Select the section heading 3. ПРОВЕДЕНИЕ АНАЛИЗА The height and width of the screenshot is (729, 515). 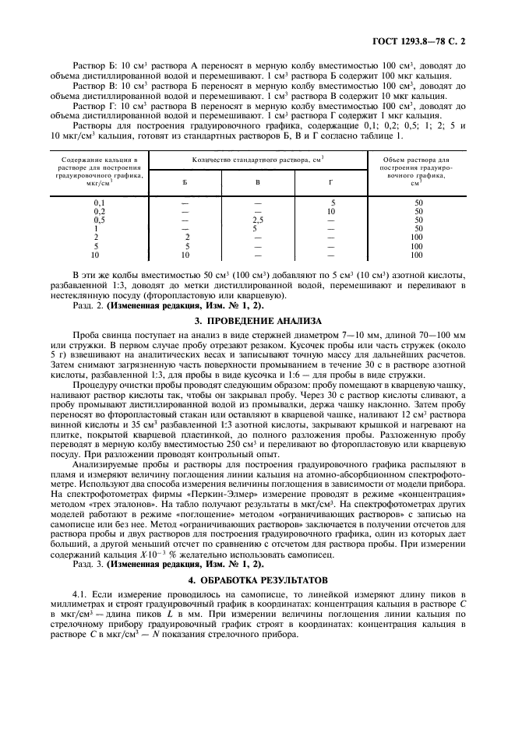(257, 319)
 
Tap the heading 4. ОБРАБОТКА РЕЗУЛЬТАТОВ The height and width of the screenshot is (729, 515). (257, 581)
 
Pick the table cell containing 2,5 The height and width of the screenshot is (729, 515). (258, 220)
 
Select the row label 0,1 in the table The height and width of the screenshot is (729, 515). (99, 202)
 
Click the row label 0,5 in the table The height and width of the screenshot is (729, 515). (99, 220)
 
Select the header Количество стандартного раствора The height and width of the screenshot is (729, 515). (257, 159)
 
